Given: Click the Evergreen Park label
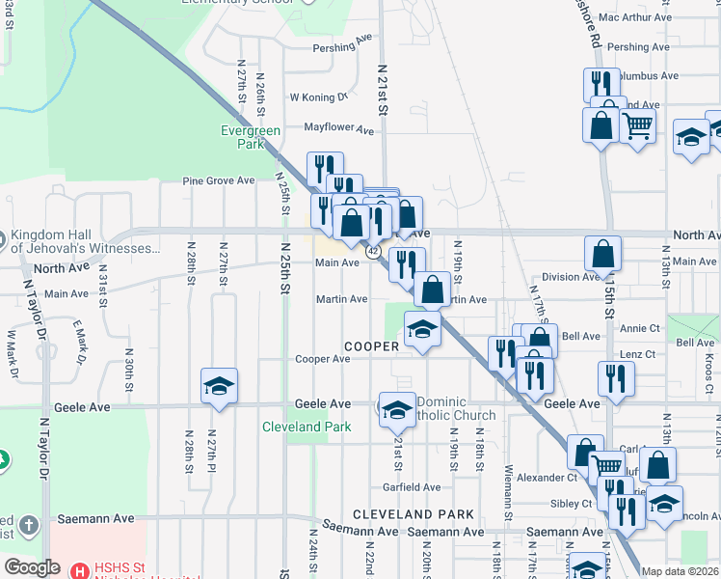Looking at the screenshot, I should (x=250, y=137).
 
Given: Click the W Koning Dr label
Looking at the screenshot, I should (x=318, y=96).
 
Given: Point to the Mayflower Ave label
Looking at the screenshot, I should (x=338, y=128).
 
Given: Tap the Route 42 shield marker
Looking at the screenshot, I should (x=372, y=250).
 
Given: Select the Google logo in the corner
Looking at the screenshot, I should (x=31, y=567).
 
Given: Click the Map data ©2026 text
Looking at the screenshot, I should (x=680, y=571).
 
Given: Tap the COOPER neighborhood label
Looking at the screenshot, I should (x=371, y=345).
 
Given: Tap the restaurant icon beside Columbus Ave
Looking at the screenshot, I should (x=600, y=84).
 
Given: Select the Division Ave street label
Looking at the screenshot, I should (x=571, y=277).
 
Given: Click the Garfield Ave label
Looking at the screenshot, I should (x=412, y=487).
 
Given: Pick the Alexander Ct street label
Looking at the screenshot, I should (x=546, y=477).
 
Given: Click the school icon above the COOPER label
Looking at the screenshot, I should (x=422, y=330).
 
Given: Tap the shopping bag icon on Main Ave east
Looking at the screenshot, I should (x=602, y=255).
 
